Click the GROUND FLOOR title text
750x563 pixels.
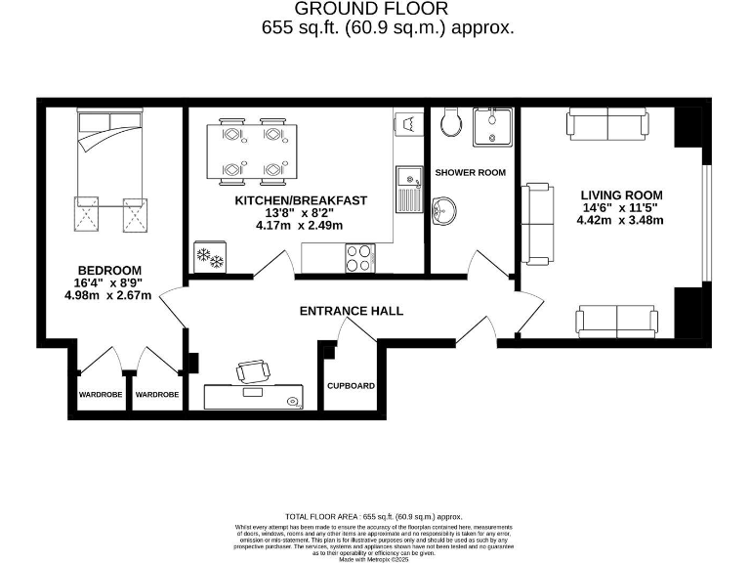click(388, 9)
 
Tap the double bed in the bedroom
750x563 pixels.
click(109, 147)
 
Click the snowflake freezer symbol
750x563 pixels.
click(210, 257)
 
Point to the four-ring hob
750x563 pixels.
click(359, 258)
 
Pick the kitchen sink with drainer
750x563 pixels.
click(408, 188)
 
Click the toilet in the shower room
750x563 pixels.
click(451, 122)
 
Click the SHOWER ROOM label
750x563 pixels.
click(470, 173)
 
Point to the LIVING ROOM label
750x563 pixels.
click(621, 195)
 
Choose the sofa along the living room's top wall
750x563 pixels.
click(605, 124)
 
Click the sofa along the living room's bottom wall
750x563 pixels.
click(617, 320)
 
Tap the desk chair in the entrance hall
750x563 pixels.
click(253, 371)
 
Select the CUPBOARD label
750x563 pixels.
click(351, 386)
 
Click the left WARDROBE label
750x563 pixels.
click(101, 395)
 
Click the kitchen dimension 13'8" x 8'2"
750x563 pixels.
click(300, 213)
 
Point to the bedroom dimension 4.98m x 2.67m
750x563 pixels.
click(108, 296)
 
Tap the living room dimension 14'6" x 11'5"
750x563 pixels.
click(621, 207)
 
